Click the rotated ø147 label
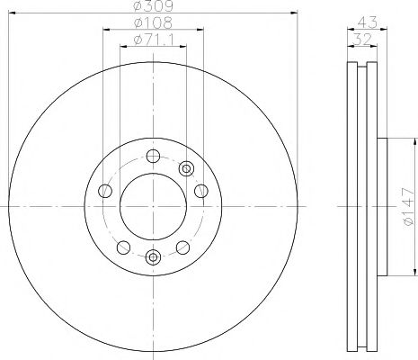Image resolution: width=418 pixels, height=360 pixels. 407,206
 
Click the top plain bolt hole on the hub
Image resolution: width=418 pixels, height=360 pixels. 152,155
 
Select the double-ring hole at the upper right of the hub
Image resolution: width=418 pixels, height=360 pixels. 186,167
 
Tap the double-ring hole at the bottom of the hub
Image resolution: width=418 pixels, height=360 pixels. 152,258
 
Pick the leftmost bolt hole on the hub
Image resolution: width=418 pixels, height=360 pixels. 104,190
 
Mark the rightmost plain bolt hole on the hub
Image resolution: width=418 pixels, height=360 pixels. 200,190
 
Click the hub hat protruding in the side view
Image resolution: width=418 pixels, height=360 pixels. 380,206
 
